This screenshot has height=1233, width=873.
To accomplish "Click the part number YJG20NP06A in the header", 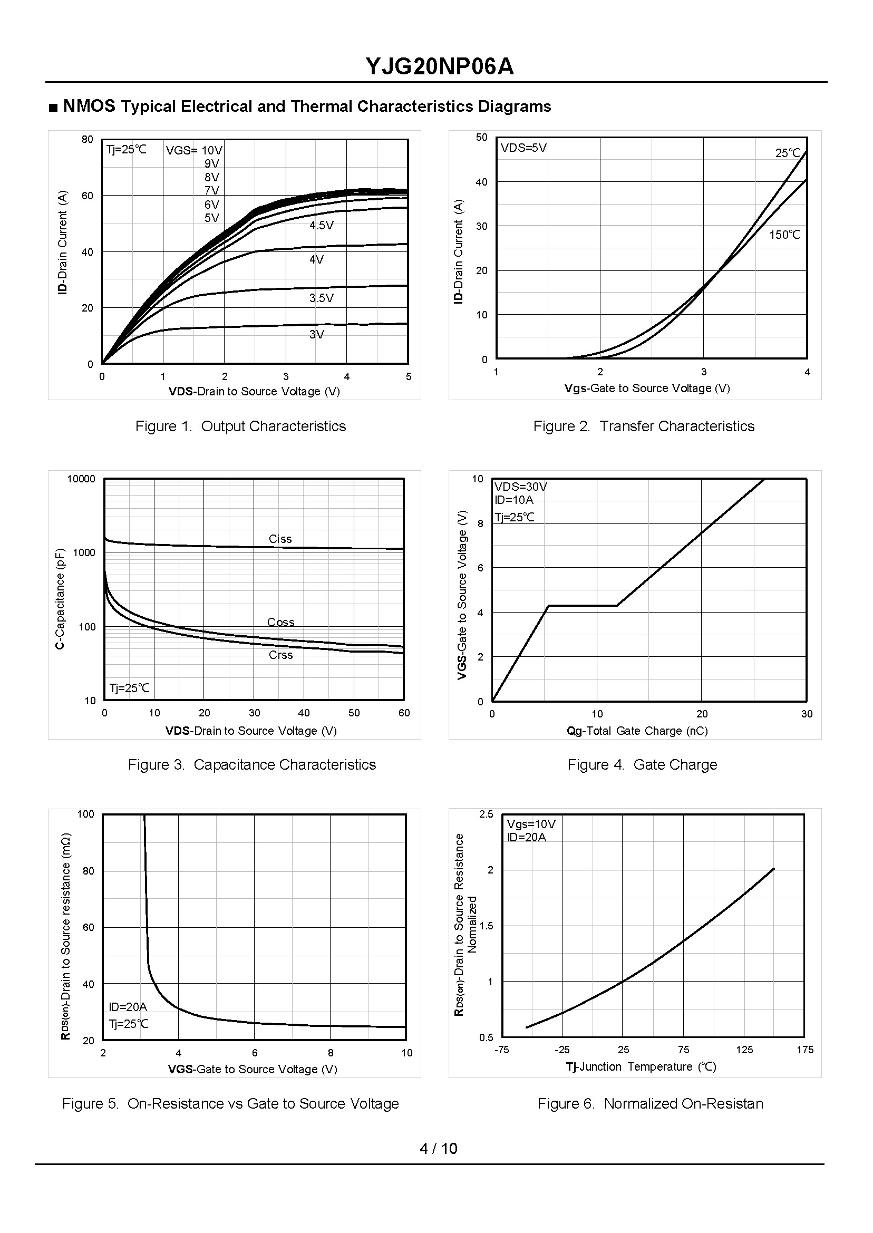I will coord(439,66).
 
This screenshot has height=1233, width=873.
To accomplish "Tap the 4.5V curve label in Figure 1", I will coord(321,225).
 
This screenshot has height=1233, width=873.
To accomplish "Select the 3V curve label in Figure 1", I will coord(316,334).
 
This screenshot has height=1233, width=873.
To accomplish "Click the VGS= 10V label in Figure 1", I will coord(193,150).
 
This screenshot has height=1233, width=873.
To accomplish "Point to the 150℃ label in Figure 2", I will coord(784,235).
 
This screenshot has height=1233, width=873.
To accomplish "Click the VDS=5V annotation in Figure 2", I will coord(523,148).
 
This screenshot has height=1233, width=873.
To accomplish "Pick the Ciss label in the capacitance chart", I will coord(280,539).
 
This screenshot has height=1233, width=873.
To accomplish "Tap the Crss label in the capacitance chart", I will coord(280,655).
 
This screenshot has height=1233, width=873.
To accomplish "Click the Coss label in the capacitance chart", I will coord(280,622).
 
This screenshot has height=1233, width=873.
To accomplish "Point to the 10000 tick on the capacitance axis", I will coord(81,479).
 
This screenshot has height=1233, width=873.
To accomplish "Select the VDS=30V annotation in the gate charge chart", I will coord(520,487).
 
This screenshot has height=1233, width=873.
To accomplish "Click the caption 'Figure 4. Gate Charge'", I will coord(642,764).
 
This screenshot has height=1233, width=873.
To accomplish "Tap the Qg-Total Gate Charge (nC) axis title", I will coord(637,731).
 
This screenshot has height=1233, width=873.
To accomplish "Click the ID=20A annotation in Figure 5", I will coord(128,1007).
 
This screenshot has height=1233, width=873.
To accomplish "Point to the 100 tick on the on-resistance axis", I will coord(86,814).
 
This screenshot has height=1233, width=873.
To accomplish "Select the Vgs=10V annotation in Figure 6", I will coord(531,824).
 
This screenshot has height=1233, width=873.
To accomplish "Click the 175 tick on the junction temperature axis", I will coord(804,1050).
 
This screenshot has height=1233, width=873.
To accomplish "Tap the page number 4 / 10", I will coord(438,1148).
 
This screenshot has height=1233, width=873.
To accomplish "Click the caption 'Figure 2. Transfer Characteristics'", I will coord(644,426).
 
